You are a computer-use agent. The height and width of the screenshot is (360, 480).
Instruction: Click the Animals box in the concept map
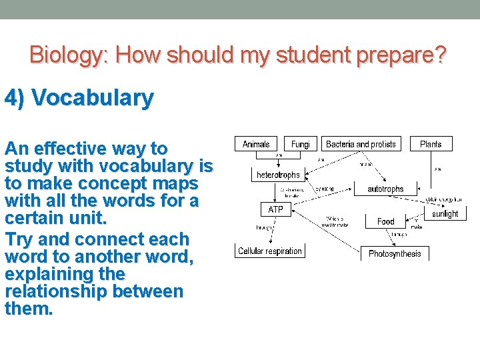click(256, 144)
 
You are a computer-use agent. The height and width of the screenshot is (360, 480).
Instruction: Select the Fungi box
click(300, 144)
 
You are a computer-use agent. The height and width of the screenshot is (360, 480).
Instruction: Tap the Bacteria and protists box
click(361, 144)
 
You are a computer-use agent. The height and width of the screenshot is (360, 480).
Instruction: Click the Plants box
click(431, 144)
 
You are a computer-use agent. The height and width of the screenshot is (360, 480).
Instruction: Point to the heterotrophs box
click(278, 175)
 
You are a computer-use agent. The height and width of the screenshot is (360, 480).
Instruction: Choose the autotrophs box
click(385, 189)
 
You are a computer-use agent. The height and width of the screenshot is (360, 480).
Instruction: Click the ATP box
click(275, 209)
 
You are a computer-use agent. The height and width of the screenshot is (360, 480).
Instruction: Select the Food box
click(385, 221)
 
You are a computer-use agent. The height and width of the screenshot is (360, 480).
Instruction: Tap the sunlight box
click(445, 213)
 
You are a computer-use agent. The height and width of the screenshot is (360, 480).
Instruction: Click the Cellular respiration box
click(270, 251)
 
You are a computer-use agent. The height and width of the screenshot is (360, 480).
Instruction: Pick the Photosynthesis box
click(395, 253)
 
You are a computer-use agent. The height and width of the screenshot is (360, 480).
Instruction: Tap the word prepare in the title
click(401, 55)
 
